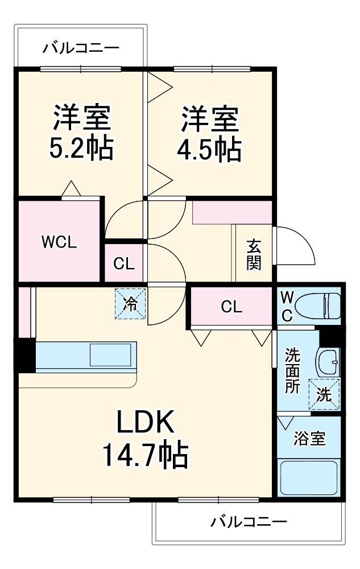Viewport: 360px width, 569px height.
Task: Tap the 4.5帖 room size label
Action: [209, 149]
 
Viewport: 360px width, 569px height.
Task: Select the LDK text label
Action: [145, 423]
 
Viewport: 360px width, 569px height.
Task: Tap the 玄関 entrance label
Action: [254, 254]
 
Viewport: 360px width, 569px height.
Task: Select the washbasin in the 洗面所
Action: [328, 361]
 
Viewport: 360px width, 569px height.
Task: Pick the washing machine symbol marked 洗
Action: [324, 394]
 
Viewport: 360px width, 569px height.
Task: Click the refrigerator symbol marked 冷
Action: [131, 303]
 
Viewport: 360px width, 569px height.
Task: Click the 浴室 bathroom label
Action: [309, 439]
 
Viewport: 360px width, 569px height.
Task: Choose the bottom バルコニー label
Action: [249, 521]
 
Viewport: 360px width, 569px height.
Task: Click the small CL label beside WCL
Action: [123, 263]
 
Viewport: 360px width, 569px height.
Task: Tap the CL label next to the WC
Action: [231, 307]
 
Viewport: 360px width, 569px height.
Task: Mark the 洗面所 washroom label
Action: [292, 370]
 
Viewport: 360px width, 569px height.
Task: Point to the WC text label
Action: [287, 307]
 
